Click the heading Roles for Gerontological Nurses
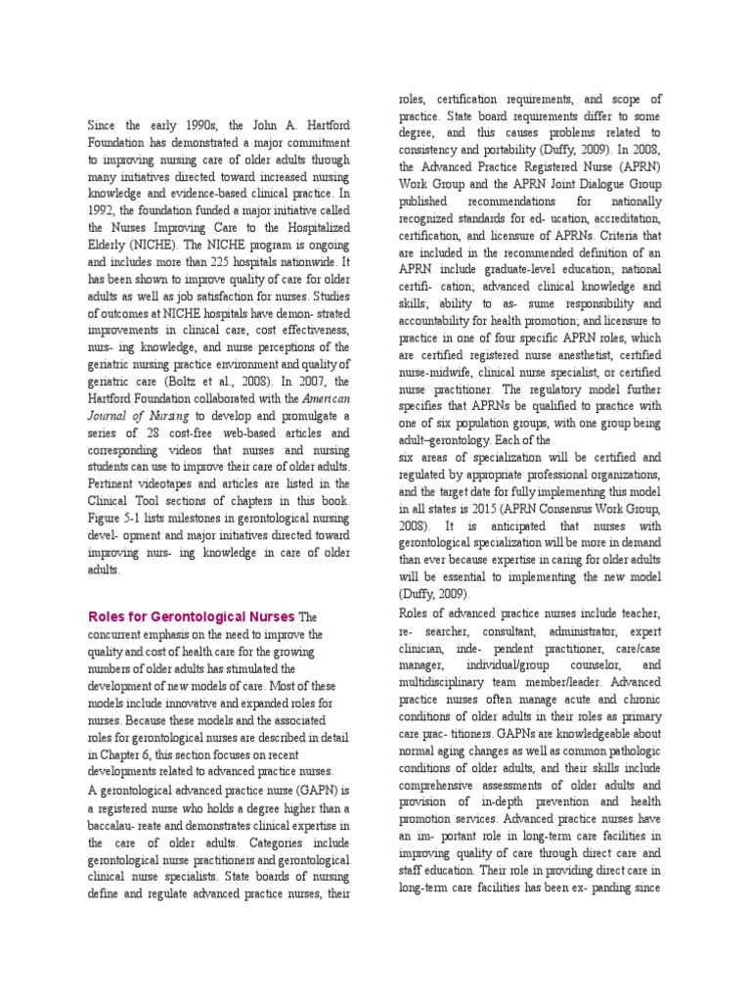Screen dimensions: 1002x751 (x=192, y=616)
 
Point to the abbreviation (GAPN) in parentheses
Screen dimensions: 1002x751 (x=331, y=791)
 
